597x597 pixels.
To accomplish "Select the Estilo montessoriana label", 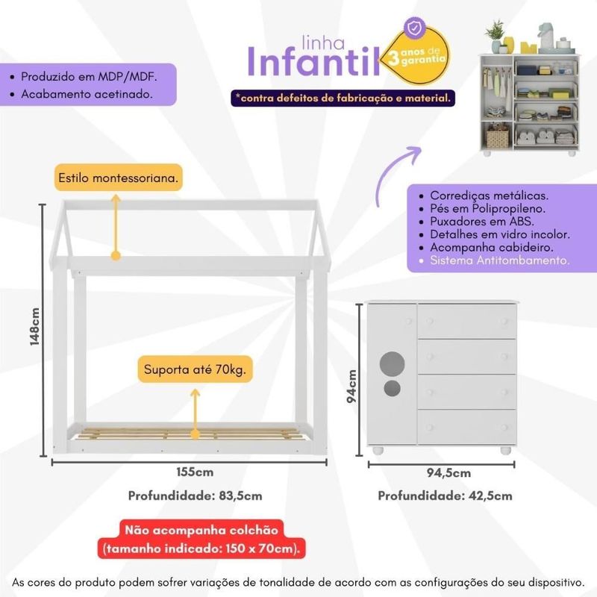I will (x=119, y=179).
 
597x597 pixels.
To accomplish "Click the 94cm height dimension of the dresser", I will (x=354, y=387).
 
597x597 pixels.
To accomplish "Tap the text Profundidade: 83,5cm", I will (x=195, y=496).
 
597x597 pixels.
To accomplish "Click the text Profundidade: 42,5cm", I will (x=445, y=496).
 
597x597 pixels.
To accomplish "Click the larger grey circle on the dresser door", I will (x=391, y=363).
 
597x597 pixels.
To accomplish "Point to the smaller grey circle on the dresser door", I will (x=391, y=388).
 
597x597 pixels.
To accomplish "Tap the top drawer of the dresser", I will (x=467, y=321).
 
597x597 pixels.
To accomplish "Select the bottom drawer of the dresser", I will (x=467, y=426).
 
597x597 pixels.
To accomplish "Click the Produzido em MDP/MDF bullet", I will (x=89, y=77).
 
